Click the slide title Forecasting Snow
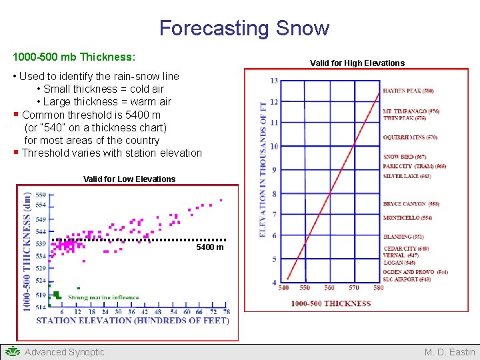pos(244,28)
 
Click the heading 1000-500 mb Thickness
pos(74,57)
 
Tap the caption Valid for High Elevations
pos(357,63)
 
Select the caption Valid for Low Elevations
pos(129,179)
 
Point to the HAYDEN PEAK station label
pos(408,91)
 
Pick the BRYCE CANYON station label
pos(411,204)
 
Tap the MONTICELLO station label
pos(407,218)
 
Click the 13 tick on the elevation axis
pos(274,81)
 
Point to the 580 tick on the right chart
pos(379,288)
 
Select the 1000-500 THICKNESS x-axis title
pos(331,303)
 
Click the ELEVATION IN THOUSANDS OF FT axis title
pos(263,169)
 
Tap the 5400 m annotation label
pos(210,248)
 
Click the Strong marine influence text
pos(103,297)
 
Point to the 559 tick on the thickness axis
pos(41,195)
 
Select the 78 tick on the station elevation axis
pos(227,311)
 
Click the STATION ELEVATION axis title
pos(132,321)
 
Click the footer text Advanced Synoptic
pos(64,352)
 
